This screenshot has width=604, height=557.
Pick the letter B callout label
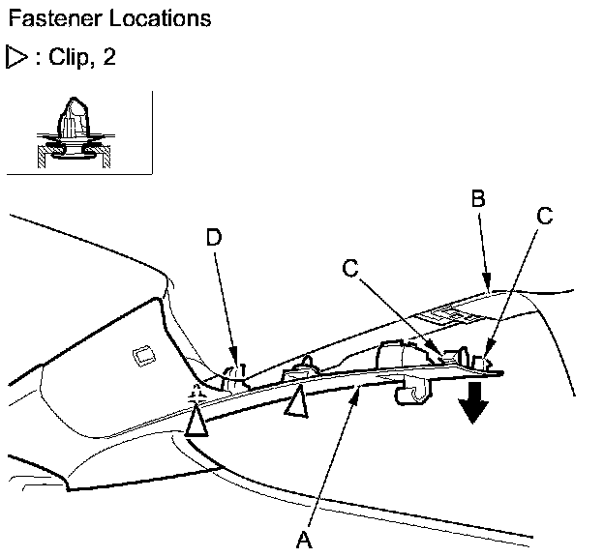477,200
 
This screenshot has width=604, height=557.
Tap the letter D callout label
213,237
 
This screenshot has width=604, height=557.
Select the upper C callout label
546,215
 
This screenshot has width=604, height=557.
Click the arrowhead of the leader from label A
360,386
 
